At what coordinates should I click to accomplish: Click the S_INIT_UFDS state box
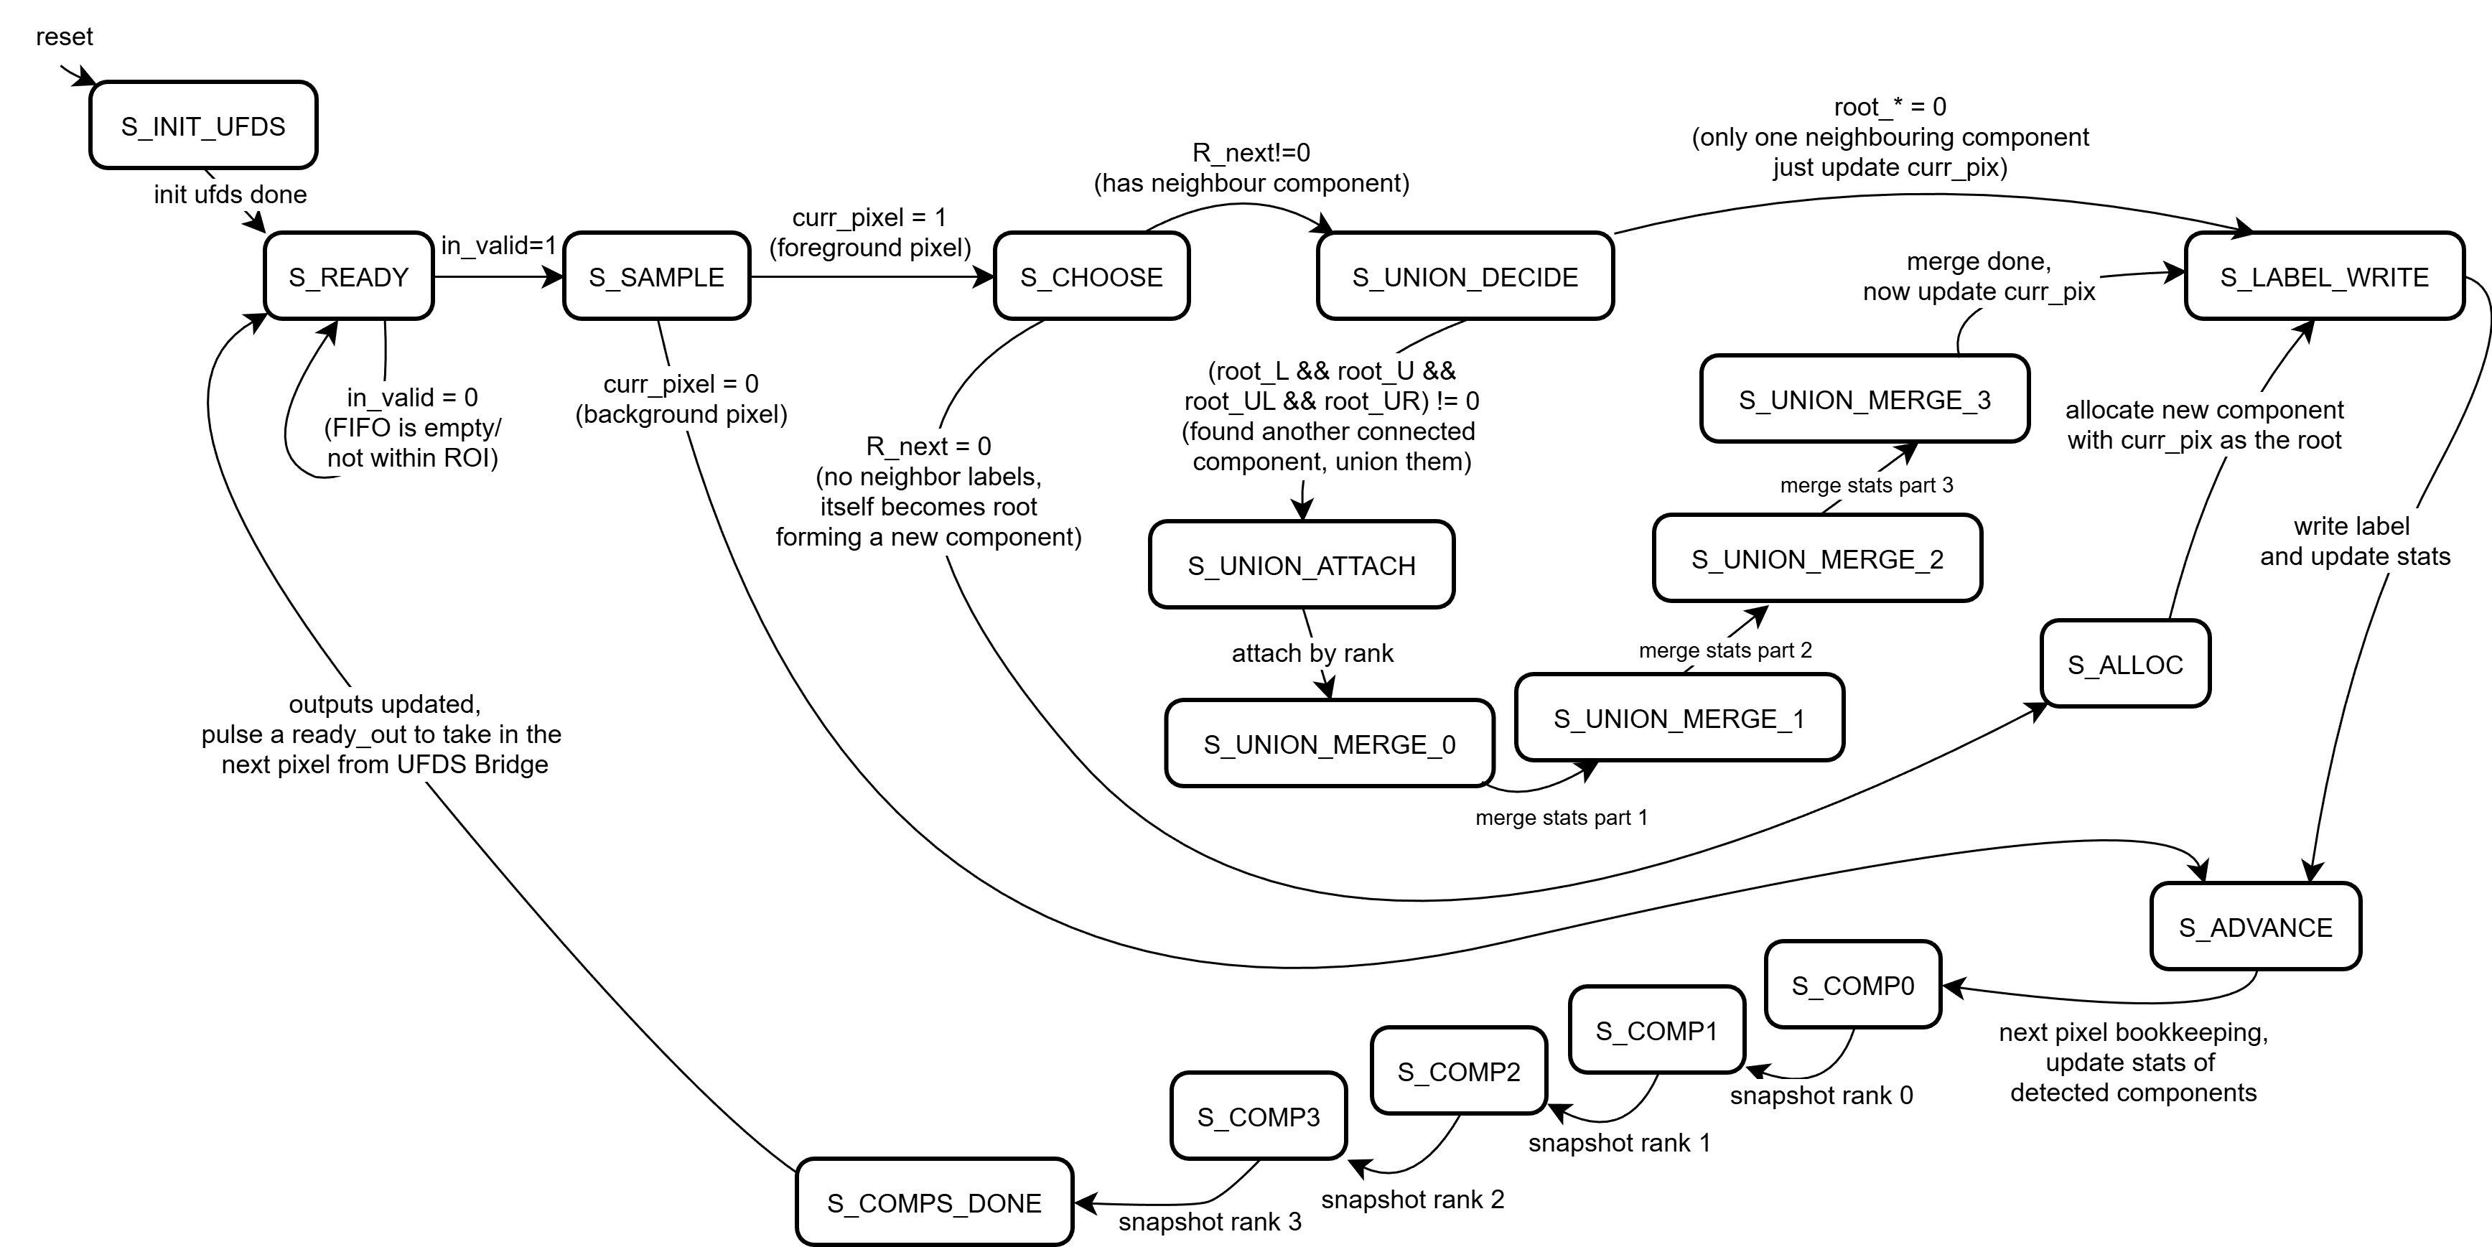click(x=203, y=126)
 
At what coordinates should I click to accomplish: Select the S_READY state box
click(x=348, y=276)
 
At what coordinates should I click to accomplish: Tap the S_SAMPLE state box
click(x=656, y=276)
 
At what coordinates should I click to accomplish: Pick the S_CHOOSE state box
click(x=1091, y=276)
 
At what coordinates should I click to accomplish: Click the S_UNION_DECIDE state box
click(x=1465, y=276)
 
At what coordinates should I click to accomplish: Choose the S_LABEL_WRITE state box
click(x=2324, y=276)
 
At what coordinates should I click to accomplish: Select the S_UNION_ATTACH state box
click(x=1301, y=565)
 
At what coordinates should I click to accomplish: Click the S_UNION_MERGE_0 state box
click(x=1329, y=744)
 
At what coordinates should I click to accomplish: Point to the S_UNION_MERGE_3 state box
click(x=1865, y=400)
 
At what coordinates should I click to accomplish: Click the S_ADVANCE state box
click(x=2255, y=927)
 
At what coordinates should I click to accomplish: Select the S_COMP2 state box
click(x=1458, y=1071)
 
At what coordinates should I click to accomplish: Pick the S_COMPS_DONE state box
click(x=933, y=1202)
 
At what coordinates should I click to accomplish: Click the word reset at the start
click(x=64, y=37)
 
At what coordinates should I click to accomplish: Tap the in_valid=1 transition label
click(x=498, y=246)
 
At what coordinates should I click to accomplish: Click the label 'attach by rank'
click(x=1312, y=653)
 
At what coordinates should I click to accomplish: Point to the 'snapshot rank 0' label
click(x=1821, y=1095)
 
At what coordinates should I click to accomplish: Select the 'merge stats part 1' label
click(x=1560, y=818)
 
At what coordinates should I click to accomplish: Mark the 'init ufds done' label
click(x=230, y=195)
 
